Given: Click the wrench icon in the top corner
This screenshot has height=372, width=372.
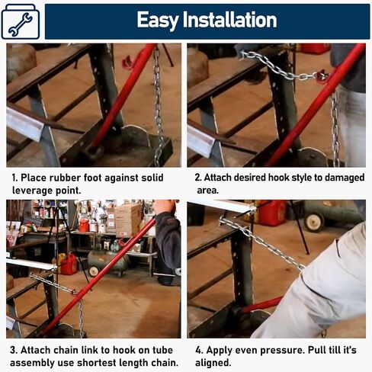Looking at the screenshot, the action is pos(21,24).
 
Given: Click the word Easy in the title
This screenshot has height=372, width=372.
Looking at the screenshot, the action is pos(158,21).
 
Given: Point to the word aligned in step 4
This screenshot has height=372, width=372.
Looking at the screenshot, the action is pos(213,363).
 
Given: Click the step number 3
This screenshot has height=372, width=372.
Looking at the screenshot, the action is pos(14,350).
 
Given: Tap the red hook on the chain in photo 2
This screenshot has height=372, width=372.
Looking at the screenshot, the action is pos(320,75).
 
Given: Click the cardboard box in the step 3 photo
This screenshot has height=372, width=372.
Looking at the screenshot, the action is pos(128,220).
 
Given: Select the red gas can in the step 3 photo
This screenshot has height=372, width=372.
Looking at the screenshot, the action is pos(69,264).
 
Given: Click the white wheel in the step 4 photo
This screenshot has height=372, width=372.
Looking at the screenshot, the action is pos(315,222).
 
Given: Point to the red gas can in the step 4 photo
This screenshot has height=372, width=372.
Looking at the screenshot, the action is pos(272,213).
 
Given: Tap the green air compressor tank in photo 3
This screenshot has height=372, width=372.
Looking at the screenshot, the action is pos(108,261).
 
